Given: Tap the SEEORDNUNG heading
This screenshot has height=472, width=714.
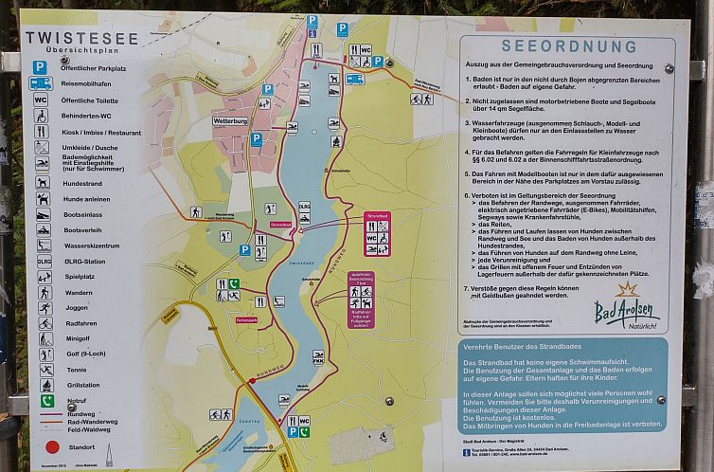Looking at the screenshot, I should [556, 45].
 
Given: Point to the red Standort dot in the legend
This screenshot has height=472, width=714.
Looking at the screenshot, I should [51, 446].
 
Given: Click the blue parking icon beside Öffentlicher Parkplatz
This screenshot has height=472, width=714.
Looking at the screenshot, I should [41, 67].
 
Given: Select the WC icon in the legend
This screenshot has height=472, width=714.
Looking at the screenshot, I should [41, 99].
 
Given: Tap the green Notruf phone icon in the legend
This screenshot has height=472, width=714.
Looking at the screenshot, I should [46, 401].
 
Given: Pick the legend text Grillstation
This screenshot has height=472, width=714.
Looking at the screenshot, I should [83, 386].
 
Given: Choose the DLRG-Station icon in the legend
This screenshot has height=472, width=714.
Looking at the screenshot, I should [44, 261].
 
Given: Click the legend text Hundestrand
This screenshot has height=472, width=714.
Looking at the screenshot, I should [82, 183].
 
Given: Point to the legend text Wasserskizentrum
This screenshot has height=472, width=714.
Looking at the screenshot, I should [92, 245].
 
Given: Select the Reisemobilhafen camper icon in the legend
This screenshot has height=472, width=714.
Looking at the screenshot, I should [41, 83].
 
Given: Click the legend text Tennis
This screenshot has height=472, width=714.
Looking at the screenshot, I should [76, 370].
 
